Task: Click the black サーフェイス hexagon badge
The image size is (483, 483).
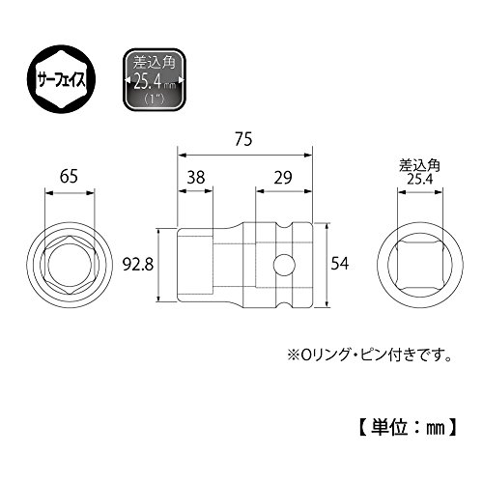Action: pyautogui.click(x=61, y=79)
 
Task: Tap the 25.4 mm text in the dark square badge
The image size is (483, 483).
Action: pyautogui.click(x=155, y=82)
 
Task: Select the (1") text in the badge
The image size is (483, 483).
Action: pyautogui.click(x=154, y=98)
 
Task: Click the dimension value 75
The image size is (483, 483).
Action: pyautogui.click(x=243, y=139)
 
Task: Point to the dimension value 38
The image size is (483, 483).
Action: pyautogui.click(x=196, y=177)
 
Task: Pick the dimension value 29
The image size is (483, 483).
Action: pyautogui.click(x=283, y=177)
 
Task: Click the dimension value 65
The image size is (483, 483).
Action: pyautogui.click(x=69, y=177)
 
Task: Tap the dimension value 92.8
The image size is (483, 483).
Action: pyautogui.click(x=138, y=265)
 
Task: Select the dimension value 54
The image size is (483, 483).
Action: pyautogui.click(x=340, y=264)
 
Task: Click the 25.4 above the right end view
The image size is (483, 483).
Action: pyautogui.click(x=420, y=179)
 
